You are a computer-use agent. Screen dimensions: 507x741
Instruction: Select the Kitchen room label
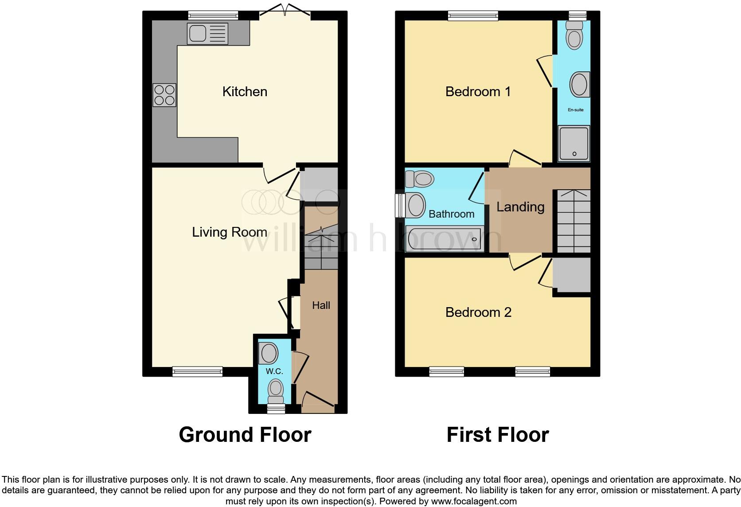(245, 92)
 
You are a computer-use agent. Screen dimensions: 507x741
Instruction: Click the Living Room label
(229, 232)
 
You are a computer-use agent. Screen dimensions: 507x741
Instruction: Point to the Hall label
(321, 305)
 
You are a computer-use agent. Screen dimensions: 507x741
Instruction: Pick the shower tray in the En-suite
(574, 143)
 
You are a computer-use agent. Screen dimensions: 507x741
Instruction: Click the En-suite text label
(575, 109)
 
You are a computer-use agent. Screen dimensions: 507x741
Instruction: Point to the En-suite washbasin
(580, 85)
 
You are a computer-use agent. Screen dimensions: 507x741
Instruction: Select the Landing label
(520, 207)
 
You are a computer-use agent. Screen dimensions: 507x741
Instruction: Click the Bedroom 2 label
(478, 312)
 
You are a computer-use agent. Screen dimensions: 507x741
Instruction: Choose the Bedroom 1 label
(478, 92)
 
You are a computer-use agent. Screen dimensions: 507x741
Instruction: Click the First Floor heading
(497, 435)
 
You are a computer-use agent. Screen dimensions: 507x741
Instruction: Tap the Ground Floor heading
(245, 435)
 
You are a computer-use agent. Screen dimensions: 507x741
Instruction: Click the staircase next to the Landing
(573, 221)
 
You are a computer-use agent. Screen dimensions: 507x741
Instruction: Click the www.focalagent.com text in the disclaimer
(474, 502)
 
